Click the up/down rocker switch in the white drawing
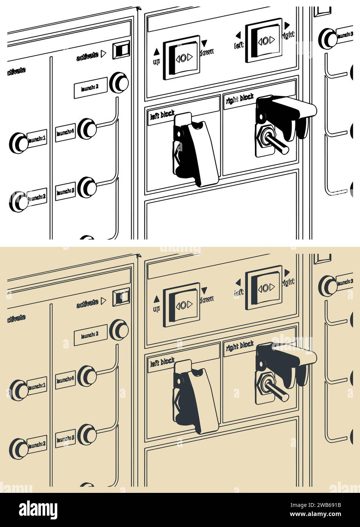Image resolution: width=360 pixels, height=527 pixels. tap(182, 58)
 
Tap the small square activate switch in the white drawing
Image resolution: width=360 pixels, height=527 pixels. tap(121, 49)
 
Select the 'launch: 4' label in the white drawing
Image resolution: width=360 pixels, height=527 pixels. tap(65, 133)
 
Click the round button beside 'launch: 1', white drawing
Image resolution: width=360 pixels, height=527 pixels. tap(18, 143)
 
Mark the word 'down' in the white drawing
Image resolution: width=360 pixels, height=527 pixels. tap(207, 52)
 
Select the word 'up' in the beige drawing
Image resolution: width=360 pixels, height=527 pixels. tap(156, 309)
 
